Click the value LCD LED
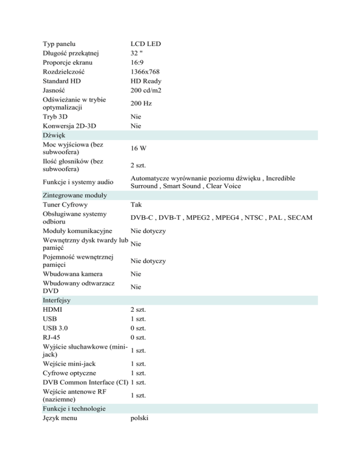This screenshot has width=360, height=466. (x=145, y=44)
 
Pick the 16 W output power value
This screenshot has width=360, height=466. (x=139, y=148)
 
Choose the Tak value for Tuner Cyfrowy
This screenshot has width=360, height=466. (x=136, y=204)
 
